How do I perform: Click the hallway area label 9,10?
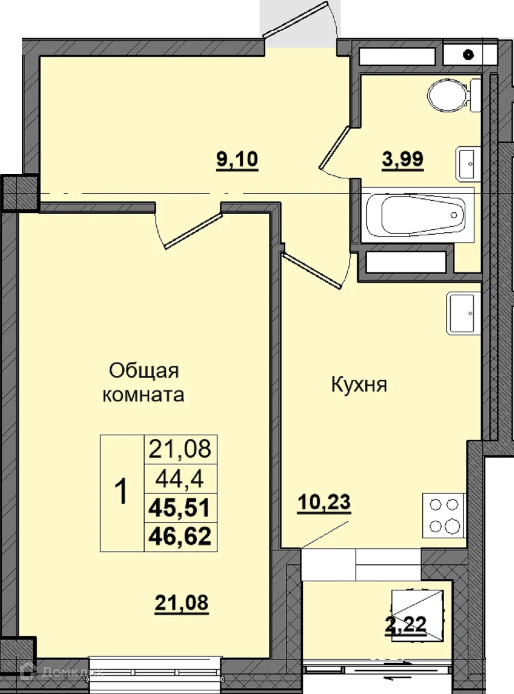pos(237,159)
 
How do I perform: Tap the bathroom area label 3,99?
pos(403,159)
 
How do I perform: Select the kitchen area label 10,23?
pos(324,503)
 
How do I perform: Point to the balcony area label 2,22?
pos(406,625)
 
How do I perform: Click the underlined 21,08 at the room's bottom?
pos(182,603)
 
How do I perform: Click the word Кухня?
pos(359,384)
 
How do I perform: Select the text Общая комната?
pos(144,382)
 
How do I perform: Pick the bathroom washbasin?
pos(469,164)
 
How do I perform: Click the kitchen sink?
pos(463,313)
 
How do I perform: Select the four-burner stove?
pos(444,516)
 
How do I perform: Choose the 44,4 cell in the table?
pos(180,479)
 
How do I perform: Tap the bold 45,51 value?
pos(180,508)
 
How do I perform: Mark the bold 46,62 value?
pos(180,537)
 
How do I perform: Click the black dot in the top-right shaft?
pos(468,54)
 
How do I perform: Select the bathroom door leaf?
pos(335,146)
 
